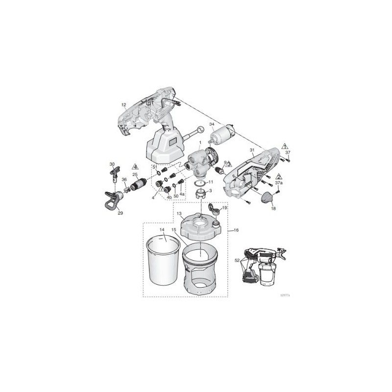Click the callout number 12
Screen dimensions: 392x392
[123, 105]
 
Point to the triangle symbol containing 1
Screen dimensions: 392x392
[285, 146]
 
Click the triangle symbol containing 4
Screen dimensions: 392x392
[135, 167]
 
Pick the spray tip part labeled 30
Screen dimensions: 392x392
[115, 173]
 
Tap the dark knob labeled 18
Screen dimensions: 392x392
[267, 198]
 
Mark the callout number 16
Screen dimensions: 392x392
[236, 230]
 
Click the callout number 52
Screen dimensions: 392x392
[237, 261]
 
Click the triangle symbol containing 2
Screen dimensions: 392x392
[278, 175]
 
